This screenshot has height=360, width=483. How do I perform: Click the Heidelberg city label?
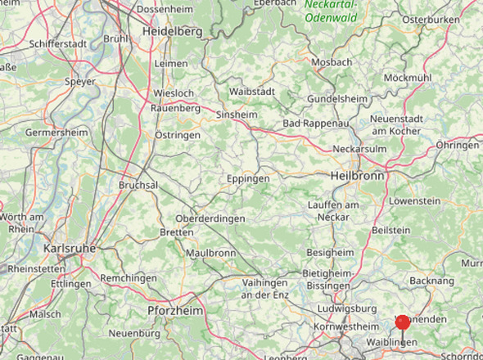click(x=172, y=30)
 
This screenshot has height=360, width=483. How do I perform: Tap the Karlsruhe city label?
click(x=70, y=248)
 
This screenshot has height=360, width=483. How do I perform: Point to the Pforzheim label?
click(x=176, y=311)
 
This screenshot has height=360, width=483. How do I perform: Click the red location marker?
click(x=403, y=322)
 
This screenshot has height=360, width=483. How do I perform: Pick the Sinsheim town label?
click(x=235, y=116)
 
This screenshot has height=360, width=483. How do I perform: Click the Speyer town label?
click(x=80, y=82)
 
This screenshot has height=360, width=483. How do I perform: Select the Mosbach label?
click(x=331, y=62)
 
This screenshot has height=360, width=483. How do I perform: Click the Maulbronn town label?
click(x=210, y=253)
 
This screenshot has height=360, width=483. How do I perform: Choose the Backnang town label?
click(x=431, y=281)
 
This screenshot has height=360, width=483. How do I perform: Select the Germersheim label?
click(x=56, y=133)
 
